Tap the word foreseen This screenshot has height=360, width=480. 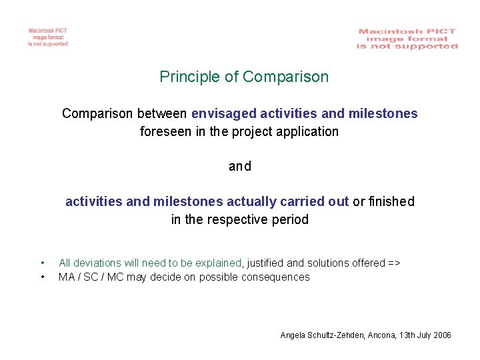(166, 132)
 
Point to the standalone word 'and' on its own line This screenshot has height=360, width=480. (240, 167)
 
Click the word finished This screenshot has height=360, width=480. (391, 202)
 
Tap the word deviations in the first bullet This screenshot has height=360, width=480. (97, 263)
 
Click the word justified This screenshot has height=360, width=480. (267, 263)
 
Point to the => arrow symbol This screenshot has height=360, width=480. (393, 263)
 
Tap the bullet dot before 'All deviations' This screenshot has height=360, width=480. (43, 263)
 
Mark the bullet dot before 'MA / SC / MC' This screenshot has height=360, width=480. (43, 277)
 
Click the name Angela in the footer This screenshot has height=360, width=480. (294, 335)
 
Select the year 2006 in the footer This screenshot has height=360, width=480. (441, 335)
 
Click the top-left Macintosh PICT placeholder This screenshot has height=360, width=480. (48, 37)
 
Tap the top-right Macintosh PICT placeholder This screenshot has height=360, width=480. (407, 39)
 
